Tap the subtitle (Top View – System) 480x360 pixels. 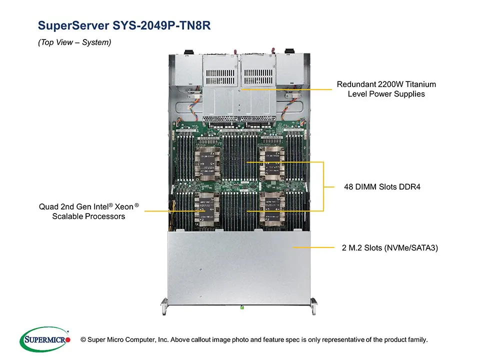click(x=74, y=42)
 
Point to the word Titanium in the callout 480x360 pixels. click(x=419, y=84)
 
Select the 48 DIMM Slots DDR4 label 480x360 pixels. click(x=382, y=187)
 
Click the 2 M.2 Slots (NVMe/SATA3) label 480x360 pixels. click(x=386, y=247)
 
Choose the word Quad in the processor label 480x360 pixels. click(x=48, y=206)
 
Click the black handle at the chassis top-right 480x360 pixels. click(x=289, y=51)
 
